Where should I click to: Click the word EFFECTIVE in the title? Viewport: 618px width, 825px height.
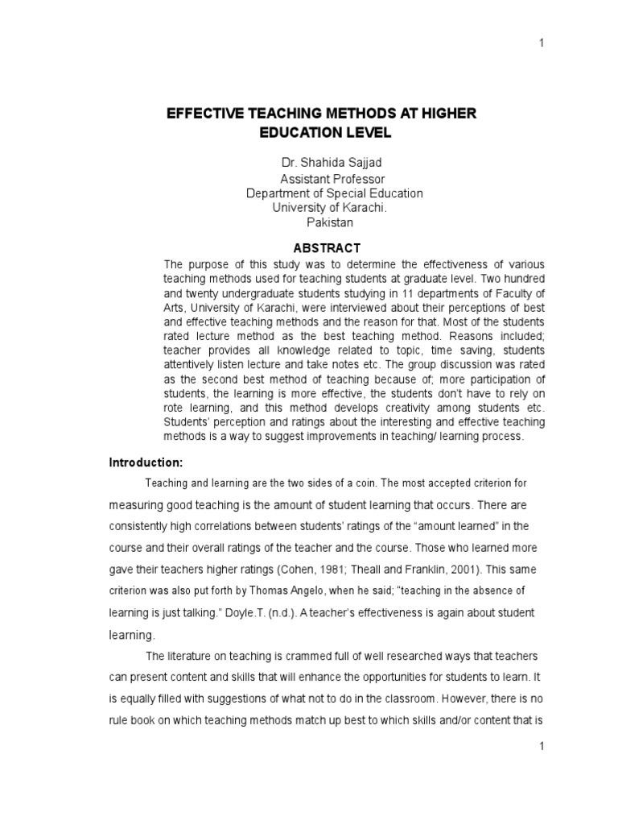tap(203, 114)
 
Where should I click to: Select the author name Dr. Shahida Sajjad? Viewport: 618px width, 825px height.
tap(321, 163)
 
